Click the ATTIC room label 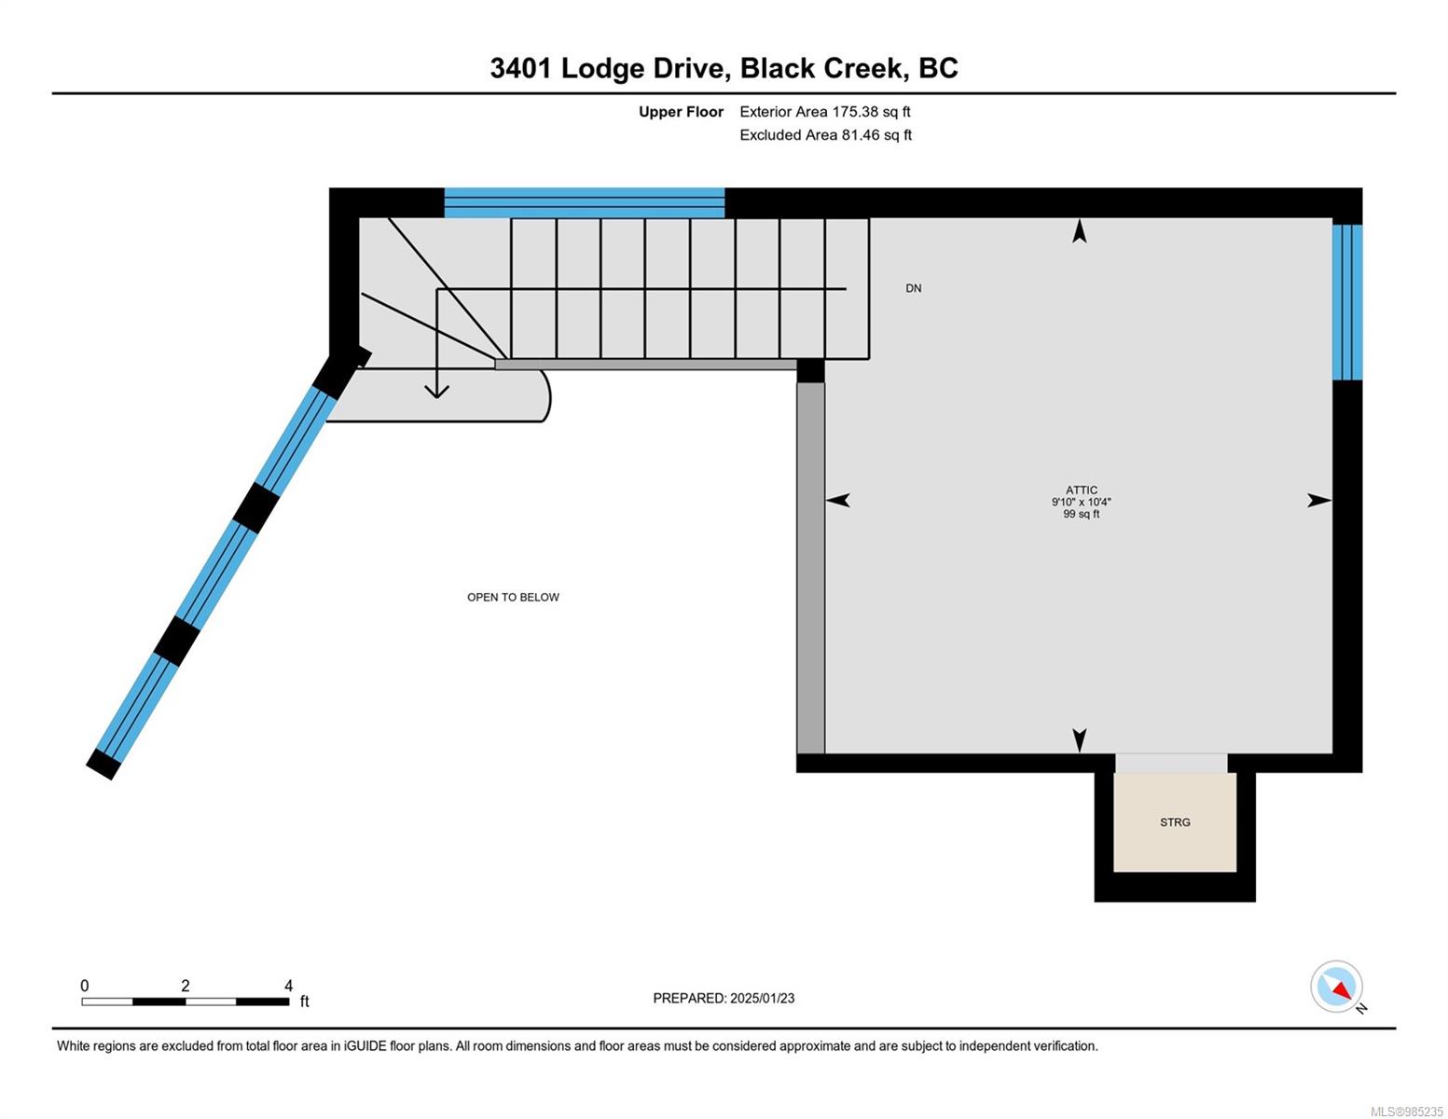(x=1081, y=490)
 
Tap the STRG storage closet (x=1175, y=822)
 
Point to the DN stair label (x=913, y=288)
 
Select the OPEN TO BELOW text (x=513, y=597)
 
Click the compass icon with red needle (x=1337, y=987)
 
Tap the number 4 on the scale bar (x=288, y=986)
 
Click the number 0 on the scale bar (x=85, y=986)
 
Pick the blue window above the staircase (x=584, y=202)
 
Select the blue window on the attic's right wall (x=1347, y=302)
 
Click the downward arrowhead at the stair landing (x=436, y=390)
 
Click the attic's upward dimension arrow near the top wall (x=1080, y=230)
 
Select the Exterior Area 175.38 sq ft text (x=824, y=112)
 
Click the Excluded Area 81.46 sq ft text (x=825, y=135)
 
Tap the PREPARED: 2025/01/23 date (x=724, y=998)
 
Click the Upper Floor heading (x=681, y=112)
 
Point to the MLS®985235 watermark (x=1406, y=1112)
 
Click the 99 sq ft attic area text (x=1081, y=514)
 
